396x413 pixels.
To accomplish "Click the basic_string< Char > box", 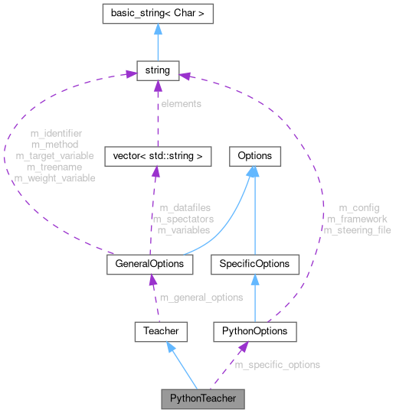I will point(157,13).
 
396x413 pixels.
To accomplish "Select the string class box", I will point(157,71).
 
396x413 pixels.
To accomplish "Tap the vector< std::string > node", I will point(156,156).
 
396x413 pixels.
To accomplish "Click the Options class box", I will point(254,156).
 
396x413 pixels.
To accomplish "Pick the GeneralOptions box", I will point(149,264).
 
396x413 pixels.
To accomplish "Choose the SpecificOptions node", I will point(254,264).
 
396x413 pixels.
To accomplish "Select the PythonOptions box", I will point(254,331).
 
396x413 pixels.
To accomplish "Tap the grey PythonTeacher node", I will point(202,398).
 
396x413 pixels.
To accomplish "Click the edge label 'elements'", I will point(181,103).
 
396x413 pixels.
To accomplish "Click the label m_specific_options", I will point(277,365).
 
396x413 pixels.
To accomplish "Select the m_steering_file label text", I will point(357,230).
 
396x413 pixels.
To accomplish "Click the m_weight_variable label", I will point(54,178).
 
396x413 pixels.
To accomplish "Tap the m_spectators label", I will point(184,219).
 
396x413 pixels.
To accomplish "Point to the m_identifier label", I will point(56,133).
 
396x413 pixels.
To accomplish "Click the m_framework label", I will point(357,219).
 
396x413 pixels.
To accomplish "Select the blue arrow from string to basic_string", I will point(157,42).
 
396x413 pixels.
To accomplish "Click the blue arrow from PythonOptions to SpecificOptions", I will point(254,298).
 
